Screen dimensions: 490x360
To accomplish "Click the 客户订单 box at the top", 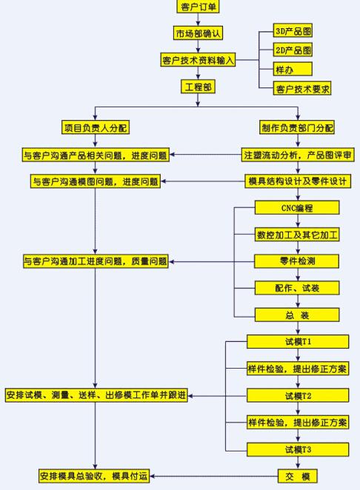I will (199, 7).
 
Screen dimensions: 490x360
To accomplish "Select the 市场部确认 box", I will (199, 34).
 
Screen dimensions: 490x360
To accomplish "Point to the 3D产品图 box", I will (293, 33).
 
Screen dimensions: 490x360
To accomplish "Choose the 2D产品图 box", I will (293, 50).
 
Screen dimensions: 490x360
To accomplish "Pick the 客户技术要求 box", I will (302, 89).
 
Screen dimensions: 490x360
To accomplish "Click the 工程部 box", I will (199, 87).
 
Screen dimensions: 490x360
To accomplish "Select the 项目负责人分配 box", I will (96, 128).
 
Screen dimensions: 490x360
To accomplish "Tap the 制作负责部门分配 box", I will (297, 128).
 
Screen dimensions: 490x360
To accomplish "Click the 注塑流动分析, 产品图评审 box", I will (298, 155).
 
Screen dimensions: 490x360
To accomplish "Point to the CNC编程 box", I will (297, 208).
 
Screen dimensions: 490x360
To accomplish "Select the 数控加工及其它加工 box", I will (297, 235).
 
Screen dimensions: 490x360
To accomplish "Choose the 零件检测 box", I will (297, 261).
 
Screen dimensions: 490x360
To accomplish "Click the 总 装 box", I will (297, 314).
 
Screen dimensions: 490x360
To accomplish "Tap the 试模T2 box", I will (297, 396).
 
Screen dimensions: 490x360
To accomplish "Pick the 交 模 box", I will (297, 474).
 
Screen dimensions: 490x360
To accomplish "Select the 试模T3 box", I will (297, 449).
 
